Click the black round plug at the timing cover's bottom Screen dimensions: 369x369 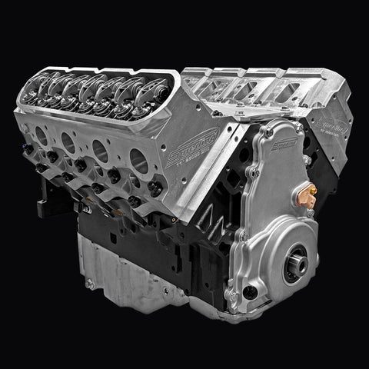pyautogui.click(x=249, y=294)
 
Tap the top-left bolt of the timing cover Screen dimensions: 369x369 pyautogui.click(x=268, y=132)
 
